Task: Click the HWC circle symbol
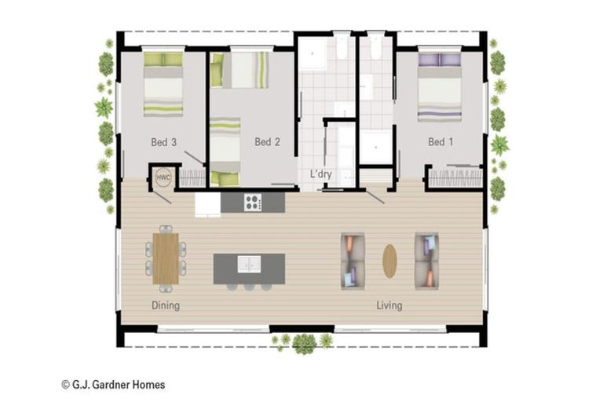163,177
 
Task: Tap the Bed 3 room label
163,142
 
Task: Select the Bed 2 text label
267,142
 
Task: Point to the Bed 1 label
440,142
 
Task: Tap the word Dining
166,305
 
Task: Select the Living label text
389,305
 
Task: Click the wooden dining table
166,258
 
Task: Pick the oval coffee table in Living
389,261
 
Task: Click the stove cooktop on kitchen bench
253,203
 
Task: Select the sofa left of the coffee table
353,261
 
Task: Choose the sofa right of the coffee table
426,261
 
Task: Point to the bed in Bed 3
163,84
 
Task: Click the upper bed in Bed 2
240,71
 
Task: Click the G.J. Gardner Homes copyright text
113,385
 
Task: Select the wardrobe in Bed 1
454,177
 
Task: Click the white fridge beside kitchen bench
207,204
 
